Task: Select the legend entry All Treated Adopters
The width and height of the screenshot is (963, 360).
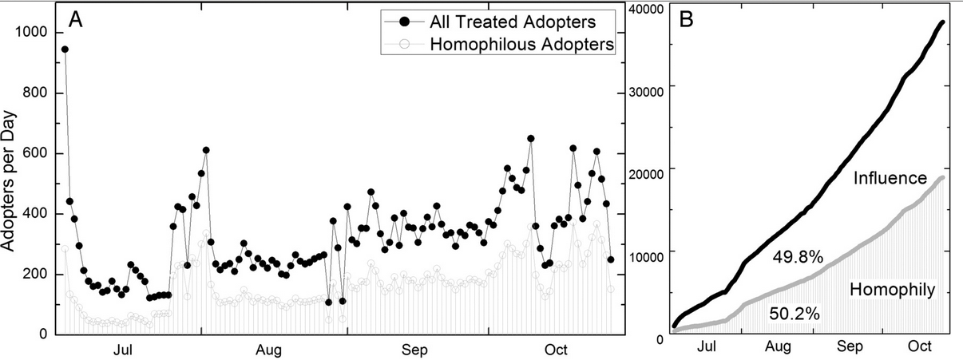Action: pyautogui.click(x=522, y=19)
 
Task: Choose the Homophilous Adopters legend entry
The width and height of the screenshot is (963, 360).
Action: pyautogui.click(x=521, y=45)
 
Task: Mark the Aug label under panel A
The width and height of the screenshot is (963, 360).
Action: pyautogui.click(x=268, y=350)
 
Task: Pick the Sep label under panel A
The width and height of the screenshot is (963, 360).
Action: pyautogui.click(x=414, y=350)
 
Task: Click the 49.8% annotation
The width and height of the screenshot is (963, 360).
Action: pyautogui.click(x=797, y=257)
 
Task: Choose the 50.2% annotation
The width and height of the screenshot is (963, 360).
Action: pyautogui.click(x=794, y=314)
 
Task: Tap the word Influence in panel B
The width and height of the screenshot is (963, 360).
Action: pyautogui.click(x=889, y=179)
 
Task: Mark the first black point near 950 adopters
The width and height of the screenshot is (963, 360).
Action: pyautogui.click(x=65, y=49)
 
